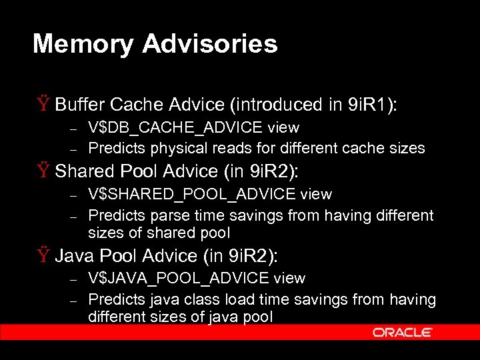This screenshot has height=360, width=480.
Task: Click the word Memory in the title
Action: pos(83,44)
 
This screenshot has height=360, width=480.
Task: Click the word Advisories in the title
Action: pos(209,44)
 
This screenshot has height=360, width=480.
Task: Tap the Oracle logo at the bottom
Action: pos(403,332)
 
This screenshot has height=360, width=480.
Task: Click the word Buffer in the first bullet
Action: pos(80,105)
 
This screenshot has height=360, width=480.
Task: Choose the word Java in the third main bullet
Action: pos(72,255)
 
